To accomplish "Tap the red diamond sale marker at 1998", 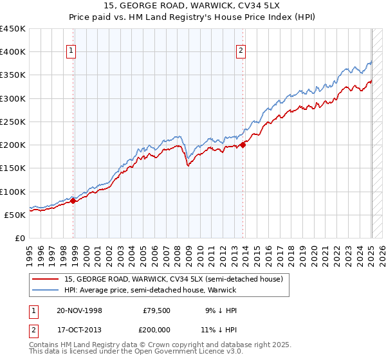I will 73,201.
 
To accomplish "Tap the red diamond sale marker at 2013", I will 243,145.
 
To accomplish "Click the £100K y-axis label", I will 13,192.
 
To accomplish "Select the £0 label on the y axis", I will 20,238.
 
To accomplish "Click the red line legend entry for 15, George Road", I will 174,279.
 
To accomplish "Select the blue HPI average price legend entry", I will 150,291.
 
